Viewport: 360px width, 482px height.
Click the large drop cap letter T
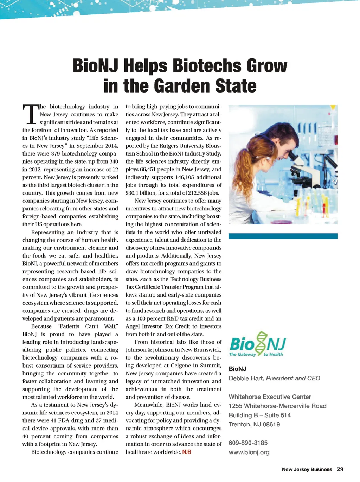click(31, 115)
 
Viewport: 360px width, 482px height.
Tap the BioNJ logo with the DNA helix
click(257, 344)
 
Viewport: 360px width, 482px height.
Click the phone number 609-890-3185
click(248, 443)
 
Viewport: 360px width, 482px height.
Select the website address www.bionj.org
click(249, 452)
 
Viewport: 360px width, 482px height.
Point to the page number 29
click(340, 469)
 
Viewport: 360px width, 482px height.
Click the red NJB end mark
click(187, 452)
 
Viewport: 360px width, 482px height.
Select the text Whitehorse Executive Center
click(270, 397)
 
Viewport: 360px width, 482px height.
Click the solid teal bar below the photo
click(283, 236)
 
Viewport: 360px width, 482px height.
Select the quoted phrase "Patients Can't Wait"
click(88, 326)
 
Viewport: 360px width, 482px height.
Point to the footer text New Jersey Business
click(307, 469)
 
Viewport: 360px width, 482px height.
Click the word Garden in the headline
click(182, 86)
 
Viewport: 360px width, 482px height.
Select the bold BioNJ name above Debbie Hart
click(237, 369)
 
